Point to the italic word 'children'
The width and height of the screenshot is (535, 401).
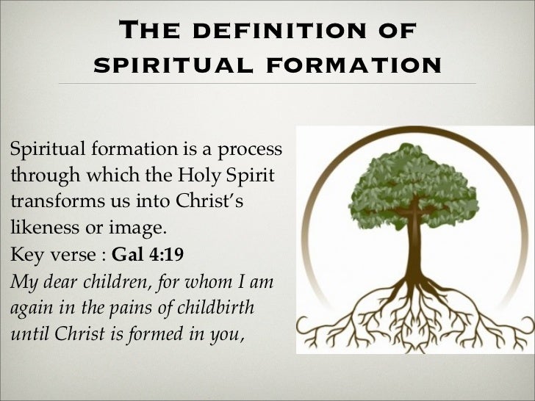pyautogui.click(x=113, y=283)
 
